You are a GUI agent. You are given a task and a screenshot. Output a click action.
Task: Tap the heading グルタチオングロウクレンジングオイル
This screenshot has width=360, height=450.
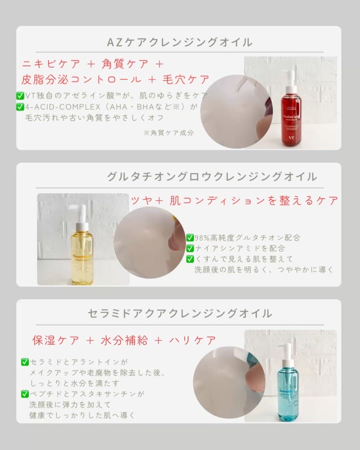pyautogui.click(x=211, y=176)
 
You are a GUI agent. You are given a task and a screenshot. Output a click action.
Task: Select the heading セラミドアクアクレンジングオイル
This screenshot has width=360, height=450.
pyautogui.click(x=179, y=313)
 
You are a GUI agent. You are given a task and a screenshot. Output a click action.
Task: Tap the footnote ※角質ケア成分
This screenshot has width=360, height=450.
pyautogui.click(x=168, y=133)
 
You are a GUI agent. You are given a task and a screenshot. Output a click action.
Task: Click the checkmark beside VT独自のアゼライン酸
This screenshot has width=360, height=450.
pyautogui.click(x=20, y=95)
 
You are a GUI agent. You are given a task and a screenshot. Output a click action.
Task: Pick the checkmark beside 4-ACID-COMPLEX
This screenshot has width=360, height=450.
pyautogui.click(x=20, y=106)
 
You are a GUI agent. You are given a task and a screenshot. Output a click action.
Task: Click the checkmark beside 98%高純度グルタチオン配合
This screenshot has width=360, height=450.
pyautogui.click(x=190, y=238)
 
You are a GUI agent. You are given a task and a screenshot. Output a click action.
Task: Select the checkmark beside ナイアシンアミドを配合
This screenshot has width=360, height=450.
pyautogui.click(x=190, y=248)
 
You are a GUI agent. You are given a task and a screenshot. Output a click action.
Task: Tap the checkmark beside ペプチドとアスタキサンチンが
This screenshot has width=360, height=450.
pyautogui.click(x=24, y=394)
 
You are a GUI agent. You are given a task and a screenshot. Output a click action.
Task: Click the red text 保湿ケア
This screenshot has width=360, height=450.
pyautogui.click(x=55, y=340)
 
